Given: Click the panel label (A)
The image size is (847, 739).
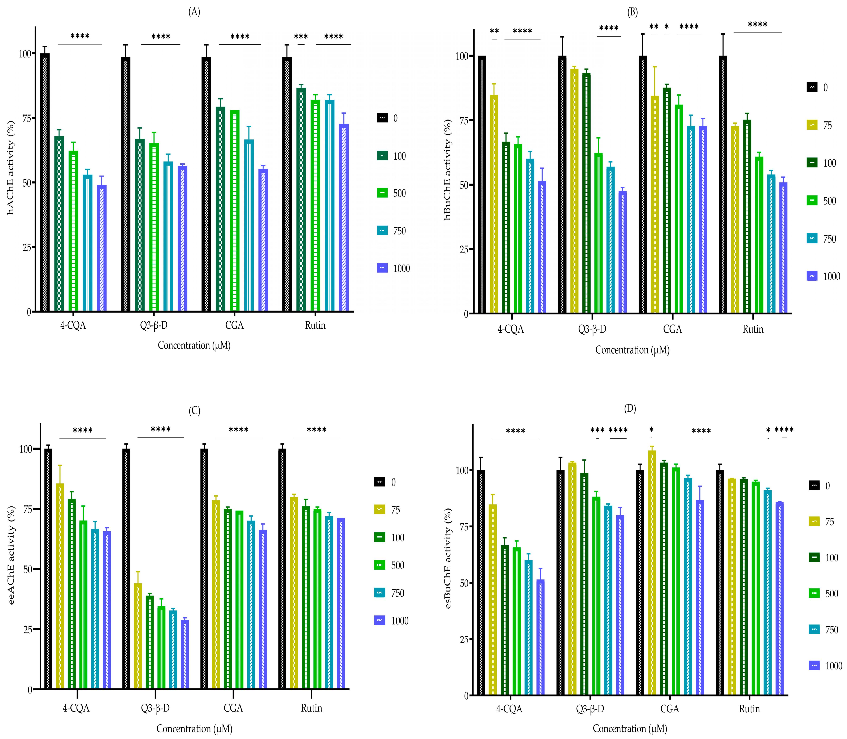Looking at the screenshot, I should click(x=194, y=12).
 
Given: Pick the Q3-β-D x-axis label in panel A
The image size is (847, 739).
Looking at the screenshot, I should click(x=154, y=325).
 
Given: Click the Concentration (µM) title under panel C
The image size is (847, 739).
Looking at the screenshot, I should click(x=194, y=729).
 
